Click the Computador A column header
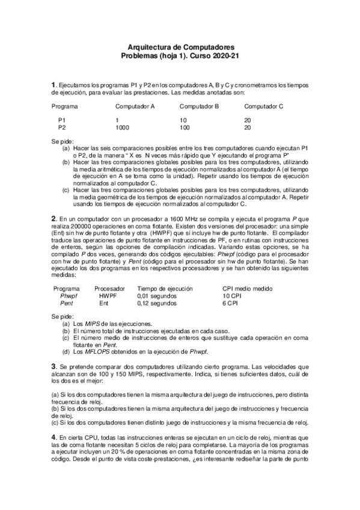[x=135, y=106]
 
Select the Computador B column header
[x=199, y=106]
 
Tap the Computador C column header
[x=264, y=106]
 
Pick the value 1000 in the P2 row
[x=122, y=128]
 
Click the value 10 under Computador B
[x=183, y=121]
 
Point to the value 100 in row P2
[x=185, y=128]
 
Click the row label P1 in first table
[x=62, y=121]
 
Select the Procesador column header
[x=109, y=289]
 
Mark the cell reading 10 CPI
[x=231, y=296]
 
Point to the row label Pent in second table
[x=67, y=304]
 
